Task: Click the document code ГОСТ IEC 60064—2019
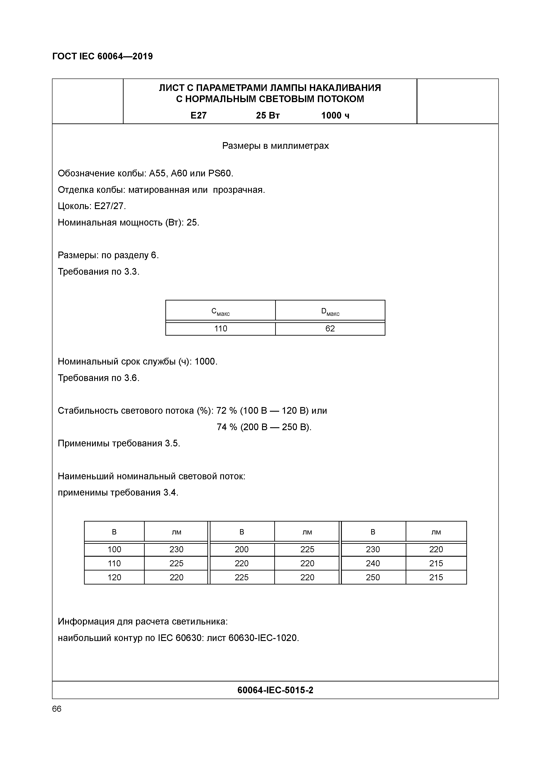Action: (x=102, y=56)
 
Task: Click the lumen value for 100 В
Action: (x=176, y=549)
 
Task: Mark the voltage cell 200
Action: (x=242, y=549)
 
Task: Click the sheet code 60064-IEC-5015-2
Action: (x=275, y=690)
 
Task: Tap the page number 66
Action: (x=57, y=709)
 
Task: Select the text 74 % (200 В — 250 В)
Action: (x=264, y=427)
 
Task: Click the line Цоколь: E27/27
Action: (x=92, y=206)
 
